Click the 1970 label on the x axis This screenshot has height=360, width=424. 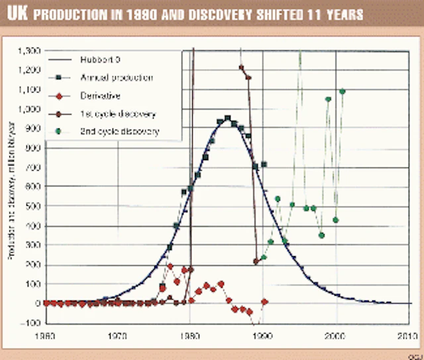[118, 336]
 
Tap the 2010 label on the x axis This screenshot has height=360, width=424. [407, 336]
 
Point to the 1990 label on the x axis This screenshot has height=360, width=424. [263, 336]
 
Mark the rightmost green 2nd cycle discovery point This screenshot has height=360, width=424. [343, 91]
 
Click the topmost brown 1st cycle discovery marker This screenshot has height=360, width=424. [242, 67]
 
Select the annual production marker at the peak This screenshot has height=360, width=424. [227, 118]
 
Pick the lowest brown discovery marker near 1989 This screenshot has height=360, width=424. [256, 261]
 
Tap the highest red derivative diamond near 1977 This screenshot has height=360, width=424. [170, 267]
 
